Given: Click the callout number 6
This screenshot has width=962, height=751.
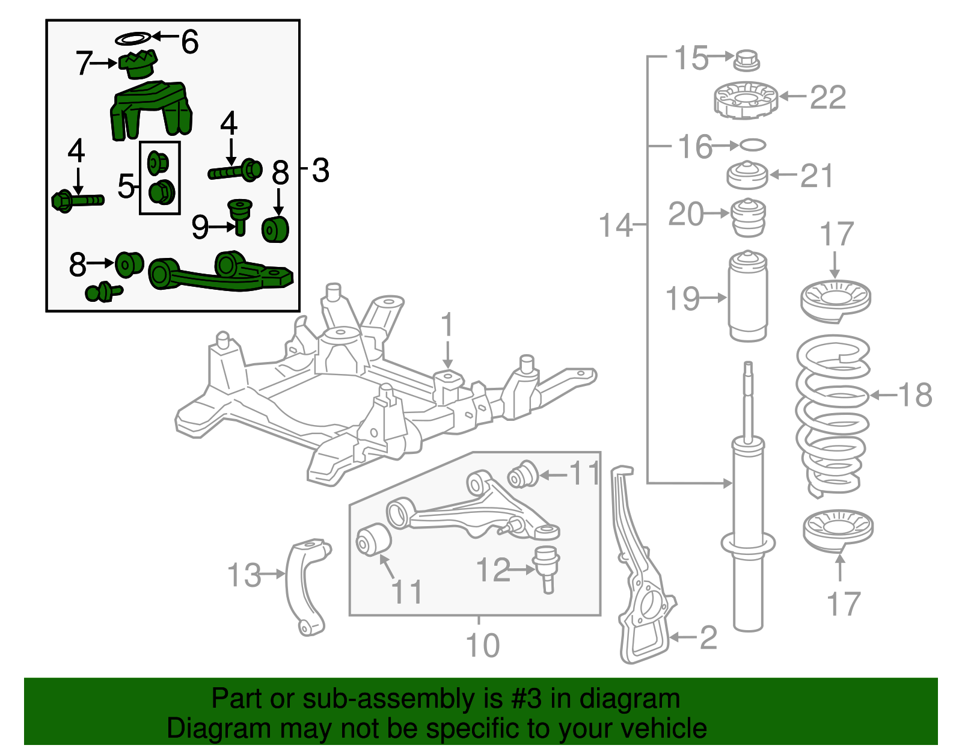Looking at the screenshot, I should tap(189, 43).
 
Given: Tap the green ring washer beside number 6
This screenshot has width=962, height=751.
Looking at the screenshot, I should tap(133, 39).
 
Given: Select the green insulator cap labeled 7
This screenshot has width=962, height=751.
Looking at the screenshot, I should tap(138, 64).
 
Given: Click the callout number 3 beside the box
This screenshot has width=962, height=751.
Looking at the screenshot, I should tap(320, 170).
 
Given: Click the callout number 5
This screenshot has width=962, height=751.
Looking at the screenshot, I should tap(126, 186).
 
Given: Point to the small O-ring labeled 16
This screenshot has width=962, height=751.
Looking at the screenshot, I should tap(753, 145).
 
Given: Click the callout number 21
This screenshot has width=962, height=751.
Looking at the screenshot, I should tap(816, 176).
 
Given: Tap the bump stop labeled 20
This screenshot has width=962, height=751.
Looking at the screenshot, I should tap(748, 218).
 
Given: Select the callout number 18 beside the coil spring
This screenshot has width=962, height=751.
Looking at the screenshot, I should tap(915, 396).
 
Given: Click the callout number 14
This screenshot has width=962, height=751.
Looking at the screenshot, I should tap(616, 225).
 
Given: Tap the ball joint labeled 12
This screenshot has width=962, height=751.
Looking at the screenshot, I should tap(547, 567).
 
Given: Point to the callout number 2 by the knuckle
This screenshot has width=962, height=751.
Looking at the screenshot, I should tap(708, 637).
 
